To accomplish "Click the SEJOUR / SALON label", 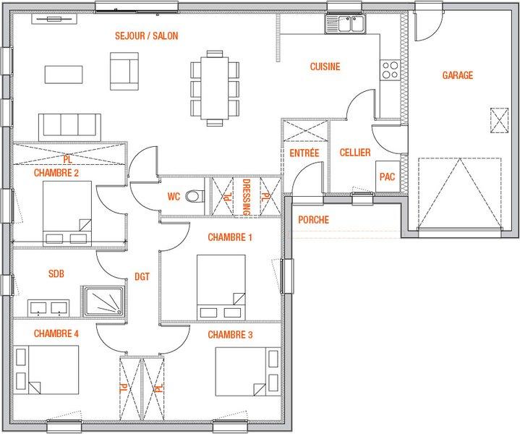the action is pos(147,36).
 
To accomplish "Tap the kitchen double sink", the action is pos(346,24).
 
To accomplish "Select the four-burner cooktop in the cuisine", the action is pos(390,69).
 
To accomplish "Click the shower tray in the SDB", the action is pos(104,302).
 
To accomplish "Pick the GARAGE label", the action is pos(458,75).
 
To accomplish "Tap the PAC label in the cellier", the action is pos(388,176).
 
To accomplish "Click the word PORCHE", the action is pos(313,220).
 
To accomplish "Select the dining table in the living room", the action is pos(215,88).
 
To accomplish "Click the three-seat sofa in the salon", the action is pos(69,127).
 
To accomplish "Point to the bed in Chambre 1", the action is pos(221,288).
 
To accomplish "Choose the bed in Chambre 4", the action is pos(46,370).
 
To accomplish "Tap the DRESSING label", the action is pos(247,197).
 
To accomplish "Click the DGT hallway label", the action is pos(142,277).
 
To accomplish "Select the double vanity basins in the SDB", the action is pos(48,308).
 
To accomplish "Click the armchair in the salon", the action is pos(124,71).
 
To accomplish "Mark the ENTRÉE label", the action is pos(304,153).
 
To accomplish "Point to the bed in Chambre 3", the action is pos(248,371).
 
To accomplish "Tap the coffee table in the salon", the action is pos(64,75).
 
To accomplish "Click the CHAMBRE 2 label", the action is pos(56,173).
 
